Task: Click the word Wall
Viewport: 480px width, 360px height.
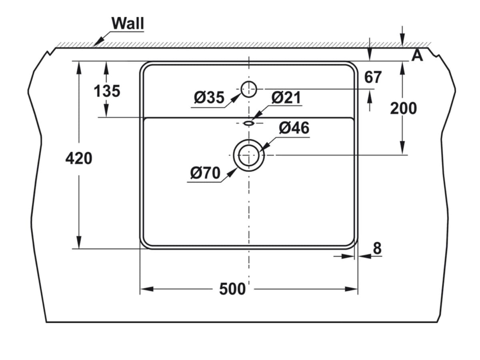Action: point(128,23)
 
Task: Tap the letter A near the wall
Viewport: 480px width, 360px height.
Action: point(417,56)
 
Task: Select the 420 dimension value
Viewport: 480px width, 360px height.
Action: point(79,159)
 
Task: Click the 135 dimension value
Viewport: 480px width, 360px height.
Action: point(107,91)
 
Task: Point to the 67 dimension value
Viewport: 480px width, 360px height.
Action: point(373,77)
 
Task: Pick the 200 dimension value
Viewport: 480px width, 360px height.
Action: point(403,108)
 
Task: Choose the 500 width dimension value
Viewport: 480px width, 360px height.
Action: point(232,289)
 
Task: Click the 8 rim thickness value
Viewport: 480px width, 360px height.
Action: point(377,249)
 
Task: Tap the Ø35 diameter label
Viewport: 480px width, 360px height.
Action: point(209,98)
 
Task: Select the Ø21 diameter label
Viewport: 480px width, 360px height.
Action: point(286,98)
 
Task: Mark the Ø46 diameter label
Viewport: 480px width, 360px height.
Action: point(294,128)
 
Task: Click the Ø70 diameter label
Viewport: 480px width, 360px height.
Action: point(205,173)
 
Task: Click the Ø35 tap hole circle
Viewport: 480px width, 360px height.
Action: point(249,88)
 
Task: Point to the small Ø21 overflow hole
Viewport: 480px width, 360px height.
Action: point(249,123)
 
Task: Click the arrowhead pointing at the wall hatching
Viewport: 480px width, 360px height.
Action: point(98,42)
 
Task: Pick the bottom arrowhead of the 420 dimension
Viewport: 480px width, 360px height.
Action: point(79,242)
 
